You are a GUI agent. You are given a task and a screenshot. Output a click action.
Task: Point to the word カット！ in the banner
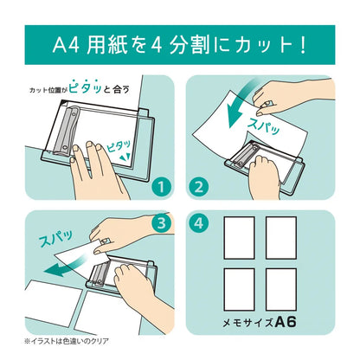coord(260,41)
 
